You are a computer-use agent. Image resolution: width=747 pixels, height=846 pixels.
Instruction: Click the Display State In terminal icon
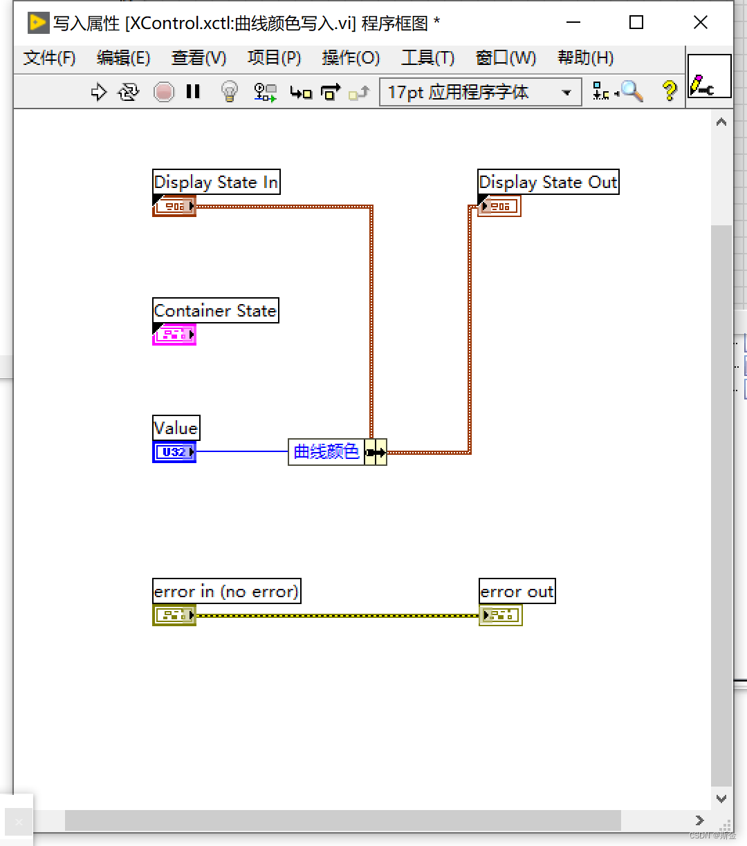[x=174, y=206]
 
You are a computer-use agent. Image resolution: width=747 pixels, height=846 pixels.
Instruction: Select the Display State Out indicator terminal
[x=499, y=206]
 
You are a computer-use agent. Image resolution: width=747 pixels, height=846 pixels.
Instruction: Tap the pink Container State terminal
[x=174, y=335]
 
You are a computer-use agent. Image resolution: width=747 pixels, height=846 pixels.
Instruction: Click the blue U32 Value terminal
[x=174, y=452]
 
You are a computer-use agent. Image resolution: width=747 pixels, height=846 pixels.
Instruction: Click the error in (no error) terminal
[x=174, y=615]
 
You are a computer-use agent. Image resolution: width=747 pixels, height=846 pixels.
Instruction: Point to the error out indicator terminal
[x=500, y=615]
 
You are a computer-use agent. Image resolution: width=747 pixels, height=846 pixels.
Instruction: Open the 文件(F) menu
[x=49, y=58]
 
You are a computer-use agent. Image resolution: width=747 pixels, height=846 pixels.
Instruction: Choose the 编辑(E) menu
[x=123, y=58]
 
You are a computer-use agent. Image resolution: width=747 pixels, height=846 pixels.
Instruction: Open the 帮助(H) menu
[x=585, y=58]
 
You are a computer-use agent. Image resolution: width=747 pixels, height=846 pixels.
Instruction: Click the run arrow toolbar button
[x=99, y=92]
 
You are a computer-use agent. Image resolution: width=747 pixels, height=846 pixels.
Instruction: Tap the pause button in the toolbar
[x=193, y=91]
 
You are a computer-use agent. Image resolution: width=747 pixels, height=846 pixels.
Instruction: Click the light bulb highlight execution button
[x=229, y=91]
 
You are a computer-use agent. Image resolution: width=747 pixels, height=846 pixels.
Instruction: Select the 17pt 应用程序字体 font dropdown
[x=480, y=92]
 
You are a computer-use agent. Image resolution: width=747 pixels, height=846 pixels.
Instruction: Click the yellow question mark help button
[x=669, y=91]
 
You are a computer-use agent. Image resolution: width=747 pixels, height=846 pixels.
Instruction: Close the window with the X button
[x=700, y=23]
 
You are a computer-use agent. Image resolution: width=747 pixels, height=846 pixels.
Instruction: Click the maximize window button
[x=636, y=23]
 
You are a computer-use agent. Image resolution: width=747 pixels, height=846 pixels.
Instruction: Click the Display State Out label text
[x=548, y=182]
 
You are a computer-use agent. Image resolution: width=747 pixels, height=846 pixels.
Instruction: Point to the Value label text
[x=176, y=428]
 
